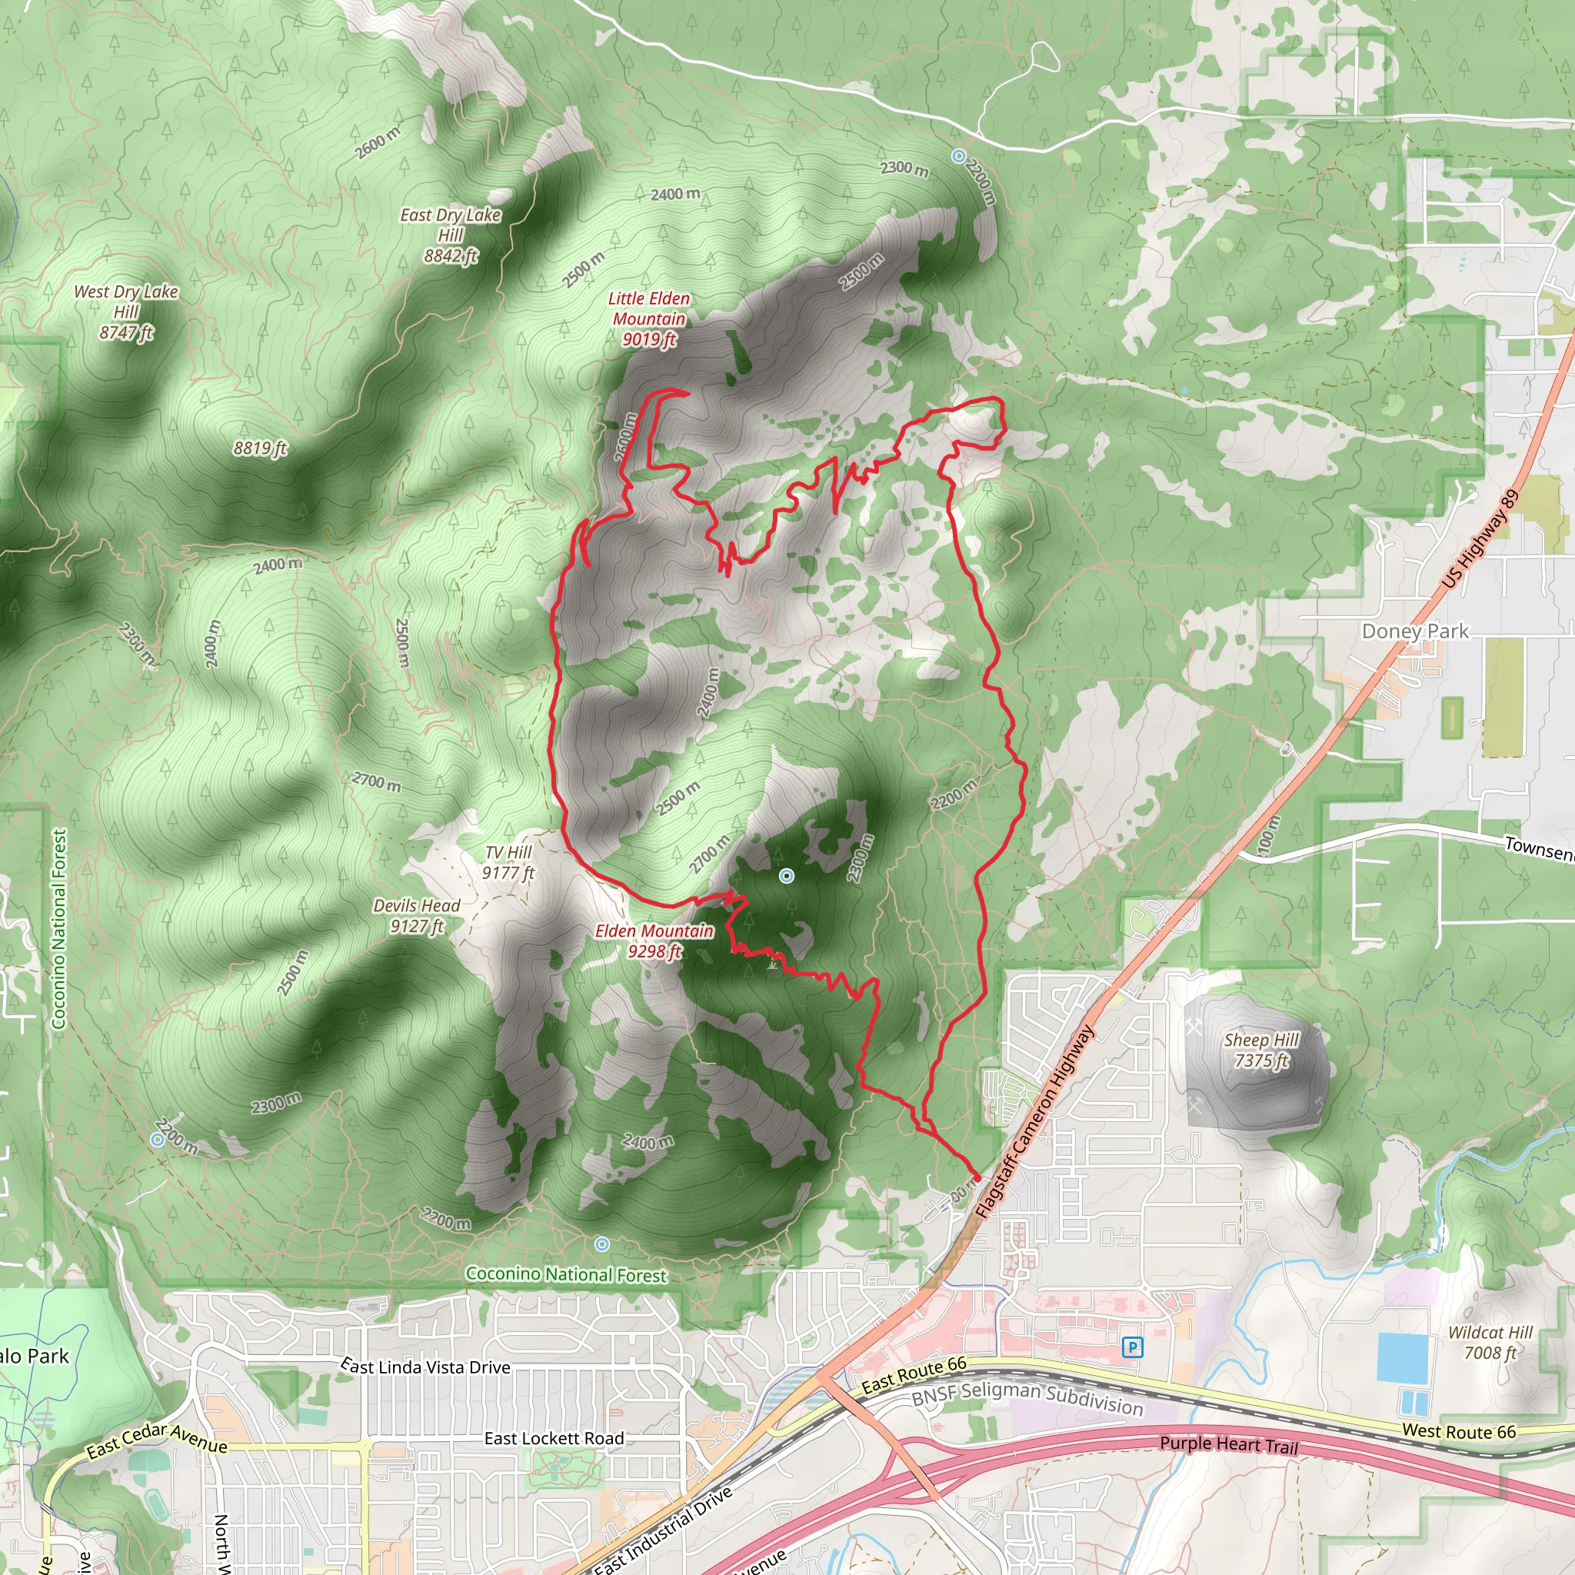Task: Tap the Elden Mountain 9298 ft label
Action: (x=654, y=941)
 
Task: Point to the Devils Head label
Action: (x=417, y=915)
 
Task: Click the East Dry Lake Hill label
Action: (x=451, y=235)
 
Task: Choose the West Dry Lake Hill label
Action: (x=126, y=312)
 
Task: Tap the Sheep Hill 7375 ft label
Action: (x=1261, y=1050)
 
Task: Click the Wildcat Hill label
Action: (x=1490, y=1343)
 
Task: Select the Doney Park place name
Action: (x=1414, y=631)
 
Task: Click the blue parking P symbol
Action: (x=1131, y=1347)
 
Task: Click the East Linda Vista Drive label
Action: (x=425, y=1367)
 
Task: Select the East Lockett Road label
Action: (x=554, y=1439)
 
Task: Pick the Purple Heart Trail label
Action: (x=1228, y=1444)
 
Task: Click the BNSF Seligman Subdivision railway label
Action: (x=1027, y=1398)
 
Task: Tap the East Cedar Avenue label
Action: (x=157, y=1439)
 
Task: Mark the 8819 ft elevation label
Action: (x=260, y=448)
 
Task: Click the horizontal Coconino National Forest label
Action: (x=566, y=1274)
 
